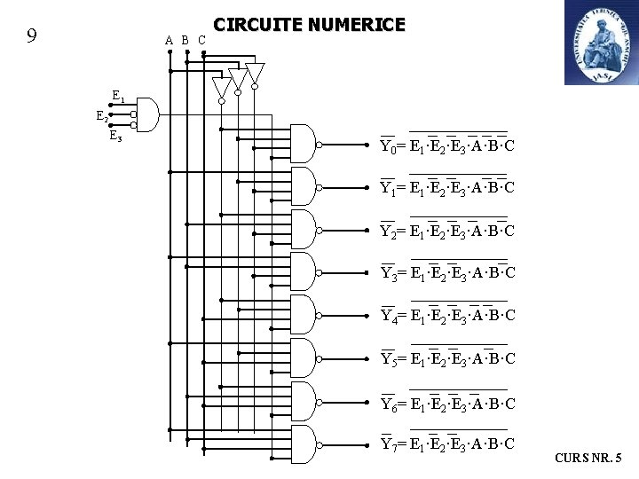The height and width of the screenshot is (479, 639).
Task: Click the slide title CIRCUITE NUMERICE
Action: coord(310,25)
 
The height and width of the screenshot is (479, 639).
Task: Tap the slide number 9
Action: coord(31,36)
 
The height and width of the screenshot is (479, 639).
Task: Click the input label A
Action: coord(169,40)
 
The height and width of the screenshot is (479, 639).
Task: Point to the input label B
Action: coord(185,40)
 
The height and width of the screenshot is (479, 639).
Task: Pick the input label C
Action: coord(201,40)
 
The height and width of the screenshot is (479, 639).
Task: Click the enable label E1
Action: coord(118,96)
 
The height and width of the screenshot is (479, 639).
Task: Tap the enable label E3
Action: coord(115,136)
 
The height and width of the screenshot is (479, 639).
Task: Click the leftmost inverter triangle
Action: coord(221,87)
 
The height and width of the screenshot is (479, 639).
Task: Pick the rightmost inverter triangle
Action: coord(255,73)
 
